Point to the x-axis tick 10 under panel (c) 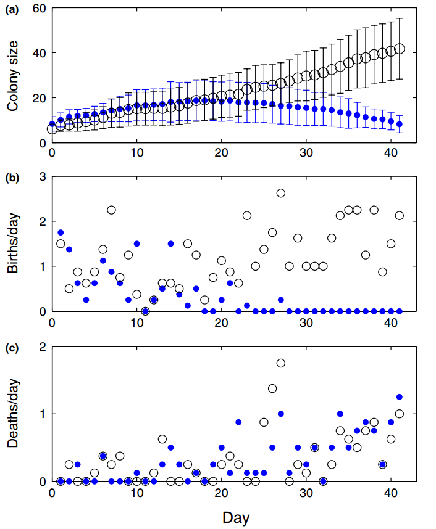click(136, 493)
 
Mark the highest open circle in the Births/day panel click(281, 193)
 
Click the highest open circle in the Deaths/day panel click(281, 363)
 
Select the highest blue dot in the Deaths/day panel click(399, 396)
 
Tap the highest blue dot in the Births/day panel click(61, 232)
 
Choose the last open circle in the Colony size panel click(400, 49)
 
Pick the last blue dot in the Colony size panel click(400, 124)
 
